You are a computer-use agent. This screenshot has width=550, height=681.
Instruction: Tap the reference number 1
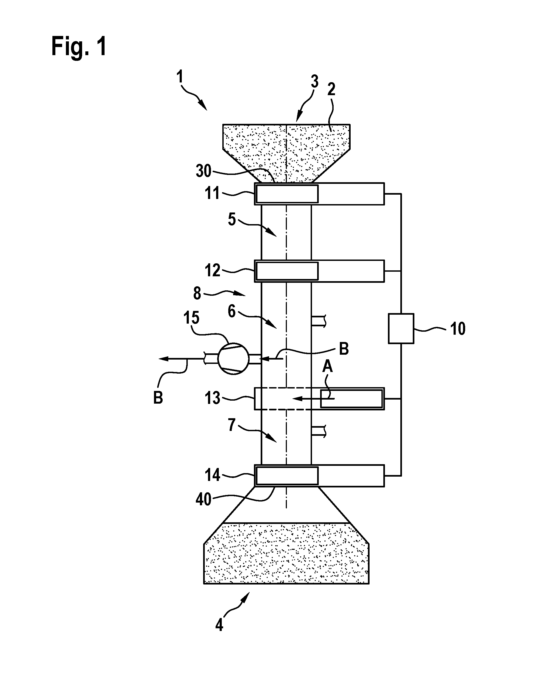click(180, 77)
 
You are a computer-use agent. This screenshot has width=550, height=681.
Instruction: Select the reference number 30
click(203, 171)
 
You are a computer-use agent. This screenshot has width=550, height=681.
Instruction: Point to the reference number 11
click(212, 193)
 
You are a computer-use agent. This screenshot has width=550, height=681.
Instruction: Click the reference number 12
click(212, 270)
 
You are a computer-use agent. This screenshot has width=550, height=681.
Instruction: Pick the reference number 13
click(212, 398)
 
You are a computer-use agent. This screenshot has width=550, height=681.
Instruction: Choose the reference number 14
click(212, 475)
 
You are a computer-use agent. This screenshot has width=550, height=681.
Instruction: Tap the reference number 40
click(203, 499)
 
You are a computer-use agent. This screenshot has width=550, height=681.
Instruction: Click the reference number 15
click(191, 317)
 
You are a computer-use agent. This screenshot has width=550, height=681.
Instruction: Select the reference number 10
click(458, 329)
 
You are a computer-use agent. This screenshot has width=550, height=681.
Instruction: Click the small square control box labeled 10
click(401, 328)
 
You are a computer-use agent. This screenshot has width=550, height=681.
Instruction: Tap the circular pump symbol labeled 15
click(234, 358)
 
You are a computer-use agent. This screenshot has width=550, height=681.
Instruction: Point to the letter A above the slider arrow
click(328, 367)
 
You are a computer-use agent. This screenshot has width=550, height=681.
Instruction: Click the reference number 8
click(197, 293)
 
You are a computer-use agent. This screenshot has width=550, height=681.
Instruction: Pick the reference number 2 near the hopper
click(331, 89)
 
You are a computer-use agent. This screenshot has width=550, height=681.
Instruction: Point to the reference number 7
click(232, 424)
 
